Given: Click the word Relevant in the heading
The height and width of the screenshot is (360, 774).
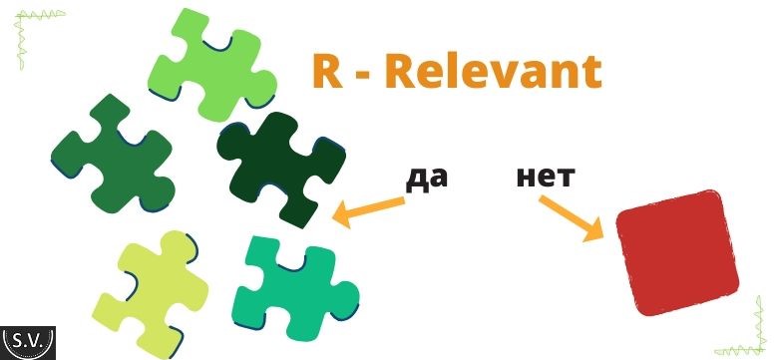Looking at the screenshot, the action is pyautogui.click(x=493, y=72).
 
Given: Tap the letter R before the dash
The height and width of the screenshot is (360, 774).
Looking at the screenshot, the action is pyautogui.click(x=328, y=72).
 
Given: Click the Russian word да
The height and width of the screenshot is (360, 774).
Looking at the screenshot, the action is pyautogui.click(x=427, y=179).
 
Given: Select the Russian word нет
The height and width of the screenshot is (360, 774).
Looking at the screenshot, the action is pyautogui.click(x=545, y=178).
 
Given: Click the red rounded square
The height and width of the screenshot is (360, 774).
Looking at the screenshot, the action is pyautogui.click(x=677, y=252).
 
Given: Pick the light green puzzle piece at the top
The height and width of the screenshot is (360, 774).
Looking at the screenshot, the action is pyautogui.click(x=212, y=64).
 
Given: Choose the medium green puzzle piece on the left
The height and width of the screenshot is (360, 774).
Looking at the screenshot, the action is pyautogui.click(x=114, y=155).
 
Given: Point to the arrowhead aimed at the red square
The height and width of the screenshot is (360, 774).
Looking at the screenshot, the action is pyautogui.click(x=593, y=229).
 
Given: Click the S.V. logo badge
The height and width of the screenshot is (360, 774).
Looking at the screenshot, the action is pyautogui.click(x=28, y=343).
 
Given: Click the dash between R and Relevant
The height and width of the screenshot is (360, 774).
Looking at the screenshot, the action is pyautogui.click(x=365, y=77).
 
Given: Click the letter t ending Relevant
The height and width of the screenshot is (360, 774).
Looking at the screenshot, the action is pyautogui.click(x=591, y=73).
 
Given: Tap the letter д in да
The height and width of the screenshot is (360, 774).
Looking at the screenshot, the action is pyautogui.click(x=416, y=180).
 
